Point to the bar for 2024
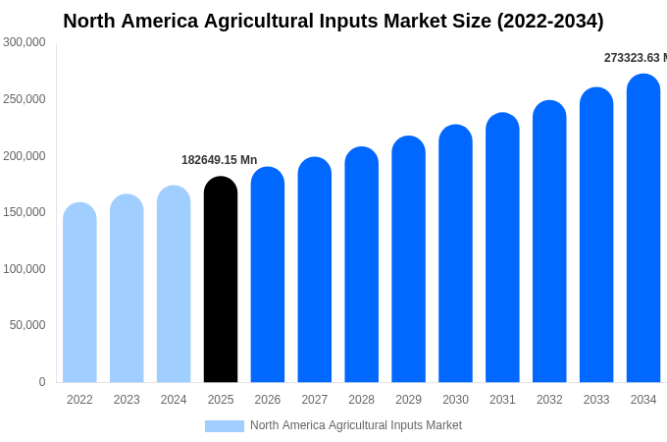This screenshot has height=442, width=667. [x=174, y=284]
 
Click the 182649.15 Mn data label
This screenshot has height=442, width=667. [x=219, y=160]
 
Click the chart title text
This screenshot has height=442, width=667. [x=333, y=21]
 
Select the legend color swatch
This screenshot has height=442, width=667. [x=224, y=425]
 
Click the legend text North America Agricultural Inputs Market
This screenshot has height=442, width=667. [x=355, y=425]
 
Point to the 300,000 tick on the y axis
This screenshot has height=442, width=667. [x=25, y=42]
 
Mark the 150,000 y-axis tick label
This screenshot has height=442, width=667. [x=25, y=212]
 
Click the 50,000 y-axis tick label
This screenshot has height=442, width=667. [x=27, y=325]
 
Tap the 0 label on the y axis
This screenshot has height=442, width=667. [x=41, y=382]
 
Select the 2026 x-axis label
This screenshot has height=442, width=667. [x=268, y=400]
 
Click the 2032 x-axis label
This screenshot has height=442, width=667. [x=549, y=400]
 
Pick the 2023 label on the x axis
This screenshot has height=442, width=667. [x=127, y=400]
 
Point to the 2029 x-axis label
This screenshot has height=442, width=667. [x=408, y=400]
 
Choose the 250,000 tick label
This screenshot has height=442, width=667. [x=25, y=99]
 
